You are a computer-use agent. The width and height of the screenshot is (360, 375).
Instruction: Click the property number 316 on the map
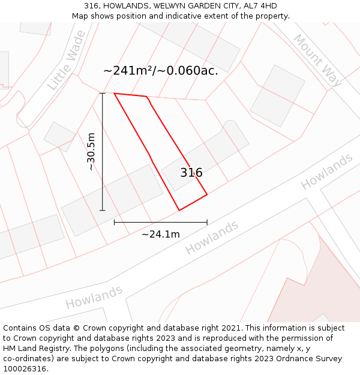point(191,173)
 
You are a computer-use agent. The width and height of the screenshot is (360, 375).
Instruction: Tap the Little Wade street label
point(66,69)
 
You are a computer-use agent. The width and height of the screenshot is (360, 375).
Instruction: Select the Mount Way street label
point(317,60)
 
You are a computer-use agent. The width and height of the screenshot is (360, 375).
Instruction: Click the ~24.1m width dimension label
point(160,234)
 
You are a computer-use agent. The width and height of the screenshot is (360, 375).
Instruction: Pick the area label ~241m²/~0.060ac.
point(160,70)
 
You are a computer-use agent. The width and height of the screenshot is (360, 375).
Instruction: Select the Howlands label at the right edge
point(326,171)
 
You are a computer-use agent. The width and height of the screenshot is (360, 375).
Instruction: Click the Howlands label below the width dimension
point(211,237)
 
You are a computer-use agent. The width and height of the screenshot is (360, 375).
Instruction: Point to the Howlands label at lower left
point(94,297)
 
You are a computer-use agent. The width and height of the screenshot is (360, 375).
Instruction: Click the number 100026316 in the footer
point(25,368)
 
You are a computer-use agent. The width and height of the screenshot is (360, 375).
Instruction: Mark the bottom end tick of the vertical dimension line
point(103,211)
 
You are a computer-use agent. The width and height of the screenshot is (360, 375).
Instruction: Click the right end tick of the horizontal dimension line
point(207,222)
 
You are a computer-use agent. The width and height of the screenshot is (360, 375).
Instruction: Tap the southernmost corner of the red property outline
point(179,210)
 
